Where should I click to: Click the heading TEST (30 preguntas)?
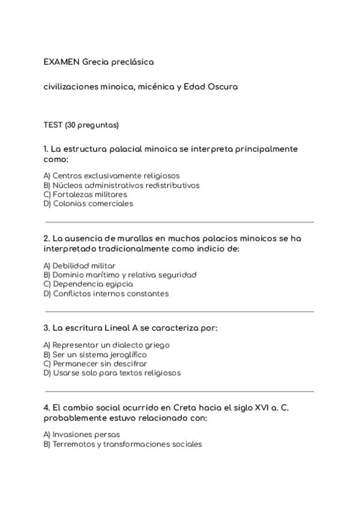[x=81, y=125]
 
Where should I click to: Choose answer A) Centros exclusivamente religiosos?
[x=112, y=176]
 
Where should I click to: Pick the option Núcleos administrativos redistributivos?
[x=121, y=185]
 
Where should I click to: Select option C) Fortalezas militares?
[x=85, y=194]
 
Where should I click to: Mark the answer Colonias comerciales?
[x=88, y=203]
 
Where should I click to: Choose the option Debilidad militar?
[x=80, y=265]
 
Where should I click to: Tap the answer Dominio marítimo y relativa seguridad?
[x=120, y=275]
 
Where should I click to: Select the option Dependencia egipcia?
[x=88, y=284]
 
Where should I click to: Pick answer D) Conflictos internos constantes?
[x=106, y=294]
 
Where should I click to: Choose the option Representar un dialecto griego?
[x=107, y=345]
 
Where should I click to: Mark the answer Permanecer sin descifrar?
[x=95, y=363]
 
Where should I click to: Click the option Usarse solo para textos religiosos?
[x=112, y=373]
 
